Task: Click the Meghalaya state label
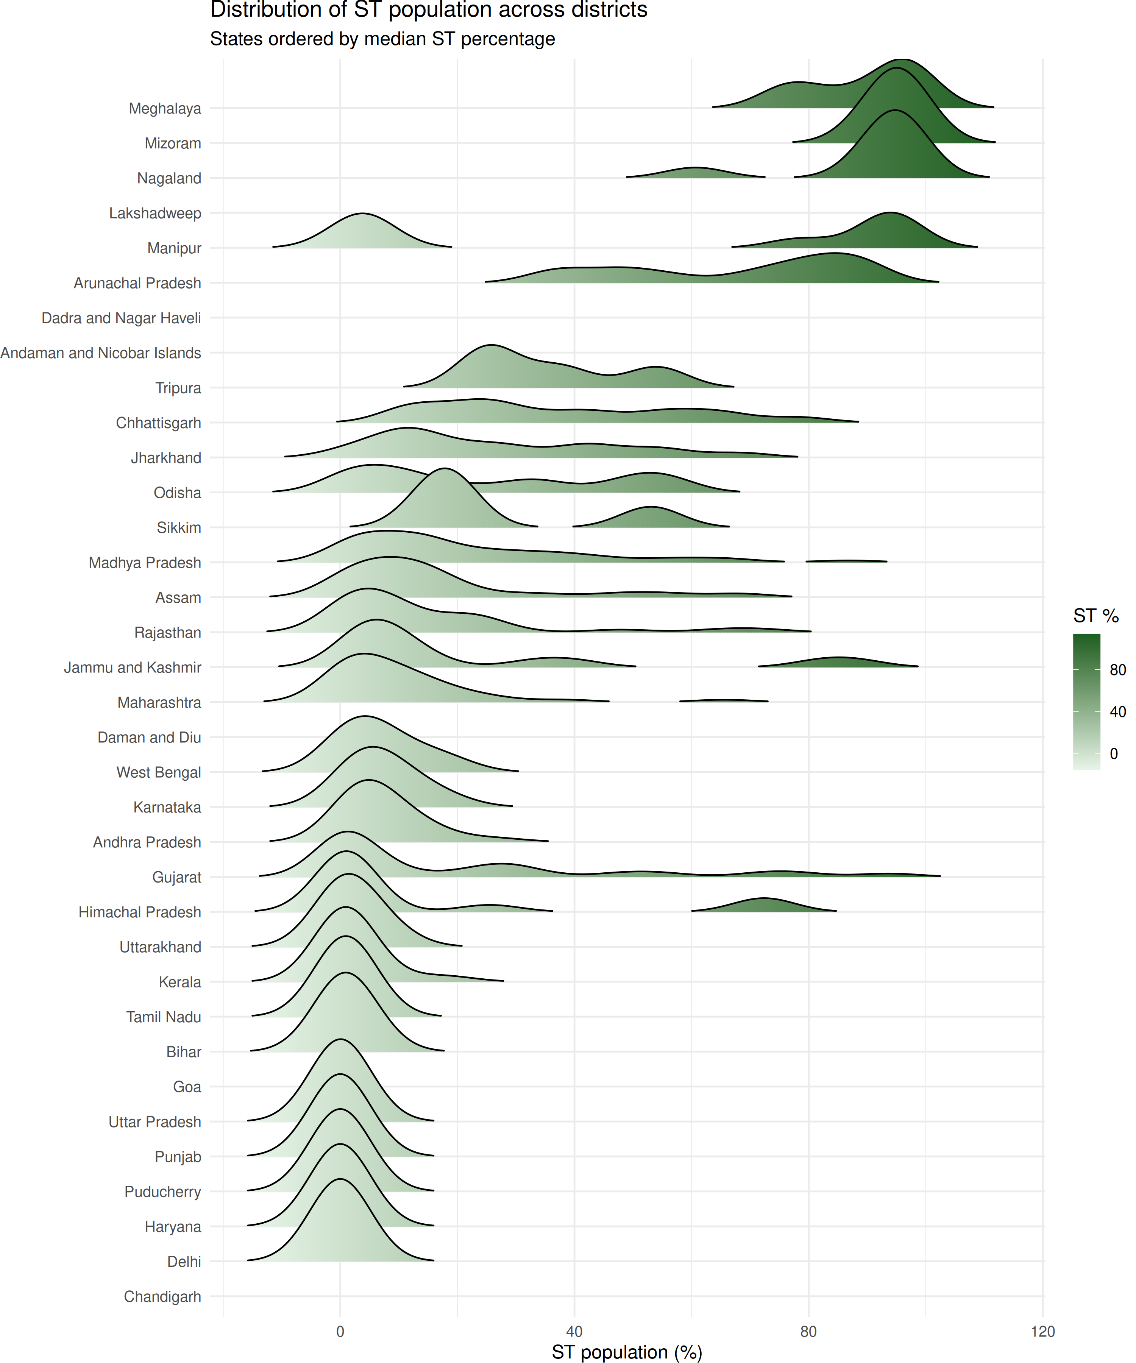click(164, 108)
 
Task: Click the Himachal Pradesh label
click(140, 912)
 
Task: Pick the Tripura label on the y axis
click(178, 388)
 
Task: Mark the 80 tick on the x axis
click(808, 1332)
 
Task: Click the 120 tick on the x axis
click(1042, 1332)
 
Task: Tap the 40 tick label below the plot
click(574, 1332)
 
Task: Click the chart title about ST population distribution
click(428, 10)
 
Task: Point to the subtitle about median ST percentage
click(382, 39)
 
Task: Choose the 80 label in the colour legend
click(1117, 670)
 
